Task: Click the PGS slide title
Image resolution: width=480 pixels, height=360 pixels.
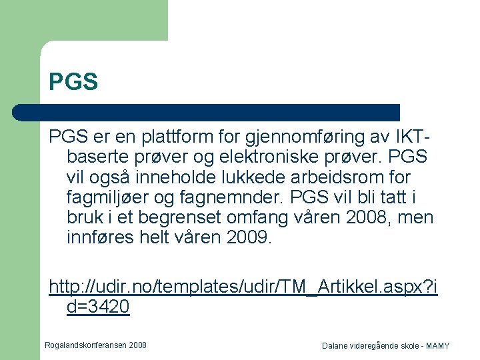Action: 73,82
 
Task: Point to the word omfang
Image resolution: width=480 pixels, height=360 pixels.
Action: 251,218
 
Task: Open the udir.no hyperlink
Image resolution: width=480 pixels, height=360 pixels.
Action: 243,287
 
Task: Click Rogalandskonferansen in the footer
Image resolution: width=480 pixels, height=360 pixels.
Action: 86,345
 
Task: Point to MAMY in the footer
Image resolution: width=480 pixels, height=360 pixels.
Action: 437,346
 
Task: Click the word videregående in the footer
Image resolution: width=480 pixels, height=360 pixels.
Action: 379,346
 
